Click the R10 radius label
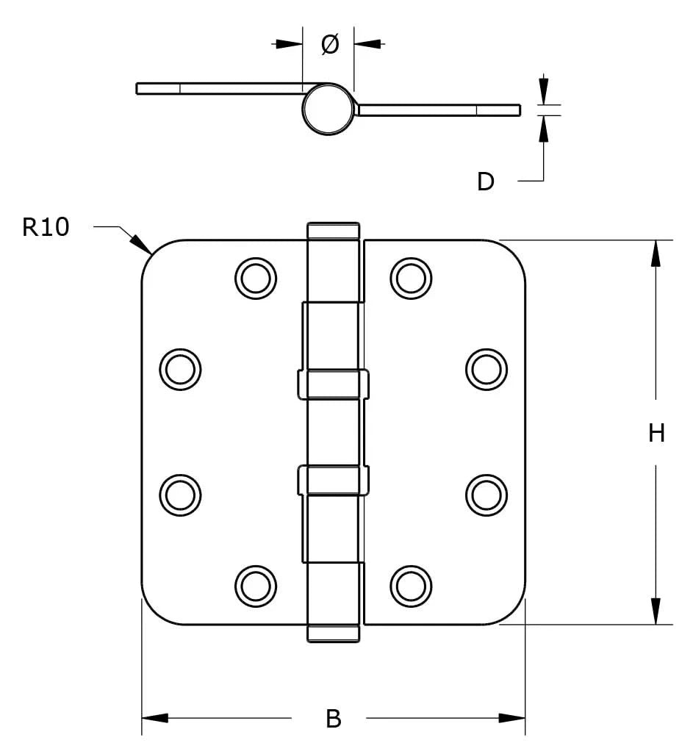pyautogui.click(x=46, y=227)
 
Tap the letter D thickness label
pyautogui.click(x=486, y=181)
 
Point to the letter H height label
pyautogui.click(x=656, y=434)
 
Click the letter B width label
pyautogui.click(x=333, y=719)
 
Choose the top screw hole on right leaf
pyautogui.click(x=410, y=278)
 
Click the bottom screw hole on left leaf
pyautogui.click(x=256, y=585)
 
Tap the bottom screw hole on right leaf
pyautogui.click(x=410, y=585)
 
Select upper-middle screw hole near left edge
pyautogui.click(x=180, y=368)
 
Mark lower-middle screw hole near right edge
pyautogui.click(x=486, y=494)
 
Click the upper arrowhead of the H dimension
pyautogui.click(x=656, y=254)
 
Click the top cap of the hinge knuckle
pyautogui.click(x=334, y=230)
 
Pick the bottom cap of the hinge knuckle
pyautogui.click(x=334, y=633)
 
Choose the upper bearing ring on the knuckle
pyautogui.click(x=334, y=384)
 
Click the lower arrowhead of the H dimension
pyautogui.click(x=656, y=611)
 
